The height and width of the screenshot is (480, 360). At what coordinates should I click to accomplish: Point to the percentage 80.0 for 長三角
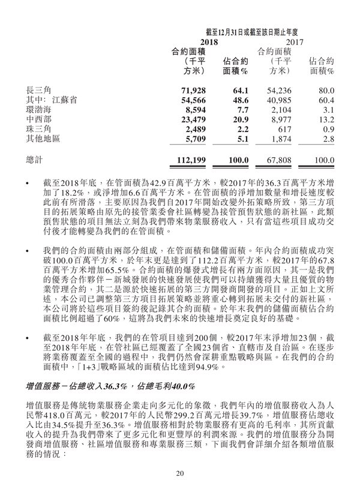pyautogui.click(x=325, y=90)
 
